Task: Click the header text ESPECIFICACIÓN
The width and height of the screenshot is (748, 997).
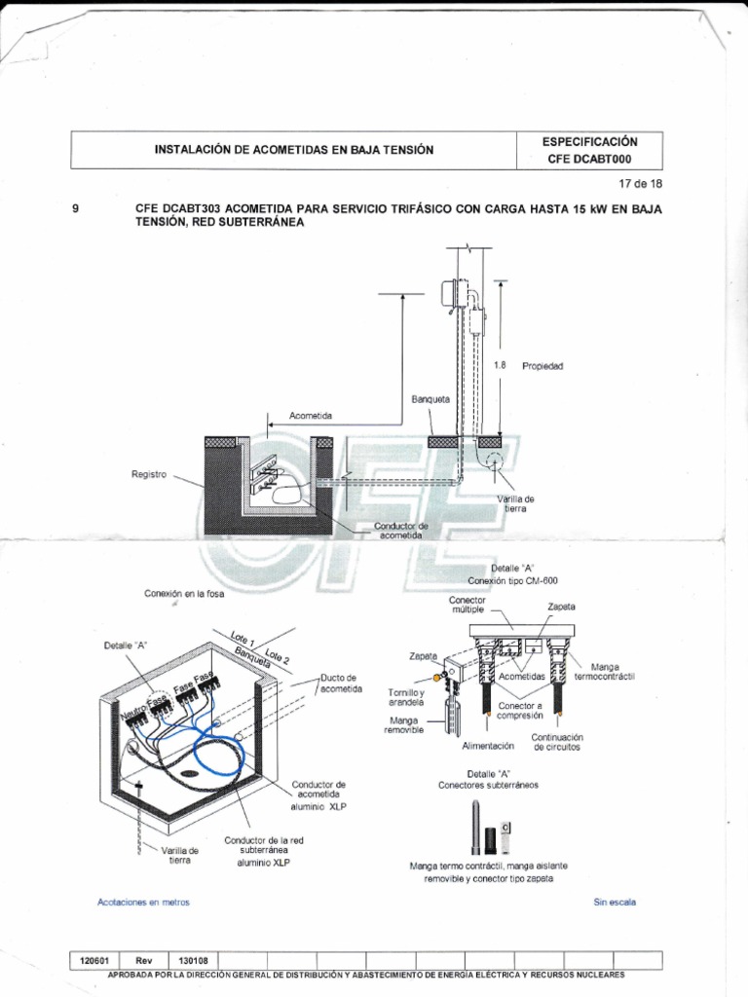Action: pyautogui.click(x=589, y=141)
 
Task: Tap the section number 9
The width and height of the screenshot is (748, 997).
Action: pyautogui.click(x=76, y=208)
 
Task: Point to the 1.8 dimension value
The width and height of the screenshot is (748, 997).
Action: pyautogui.click(x=500, y=366)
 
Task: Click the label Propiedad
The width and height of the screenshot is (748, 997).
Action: pyautogui.click(x=543, y=366)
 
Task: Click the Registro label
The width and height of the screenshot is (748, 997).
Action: pyautogui.click(x=150, y=474)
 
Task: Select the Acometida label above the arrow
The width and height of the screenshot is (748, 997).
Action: pyautogui.click(x=310, y=416)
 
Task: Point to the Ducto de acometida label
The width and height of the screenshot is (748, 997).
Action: pyautogui.click(x=341, y=683)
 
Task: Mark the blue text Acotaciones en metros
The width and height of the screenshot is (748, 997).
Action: pyautogui.click(x=143, y=903)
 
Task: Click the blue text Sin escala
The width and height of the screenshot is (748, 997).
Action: pyautogui.click(x=615, y=903)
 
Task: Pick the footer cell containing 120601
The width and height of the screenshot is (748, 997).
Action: pyautogui.click(x=93, y=960)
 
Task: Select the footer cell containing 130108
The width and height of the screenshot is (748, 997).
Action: pyautogui.click(x=192, y=960)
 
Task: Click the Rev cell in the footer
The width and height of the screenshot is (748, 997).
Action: pyautogui.click(x=143, y=960)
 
